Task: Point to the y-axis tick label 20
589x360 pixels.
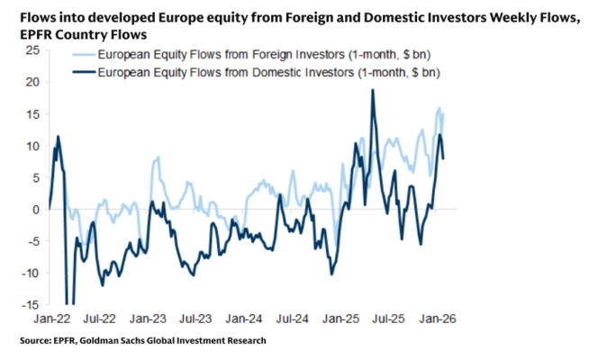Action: [33, 82]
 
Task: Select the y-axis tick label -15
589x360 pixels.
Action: [32, 304]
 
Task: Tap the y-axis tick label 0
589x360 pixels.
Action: [37, 209]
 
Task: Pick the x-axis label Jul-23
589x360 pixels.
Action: [195, 319]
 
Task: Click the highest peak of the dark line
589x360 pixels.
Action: [372, 90]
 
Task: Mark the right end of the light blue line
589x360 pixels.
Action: [443, 113]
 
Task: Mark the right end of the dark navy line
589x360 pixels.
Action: [444, 158]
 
